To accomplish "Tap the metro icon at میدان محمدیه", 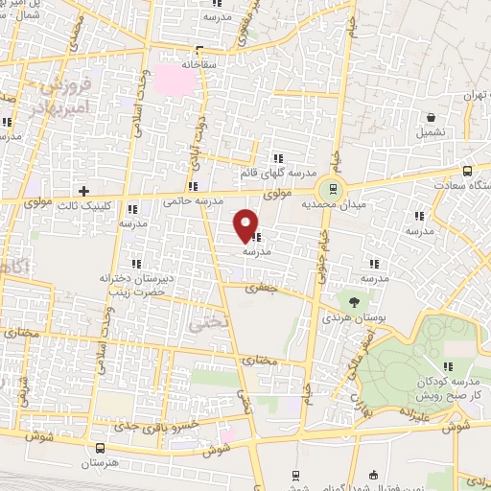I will (333, 189).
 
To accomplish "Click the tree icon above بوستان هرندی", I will (355, 301).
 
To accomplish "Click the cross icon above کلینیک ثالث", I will (84, 191).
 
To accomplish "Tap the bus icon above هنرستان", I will (102, 448).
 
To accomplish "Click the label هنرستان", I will (101, 463).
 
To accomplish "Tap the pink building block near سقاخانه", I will (175, 79).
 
